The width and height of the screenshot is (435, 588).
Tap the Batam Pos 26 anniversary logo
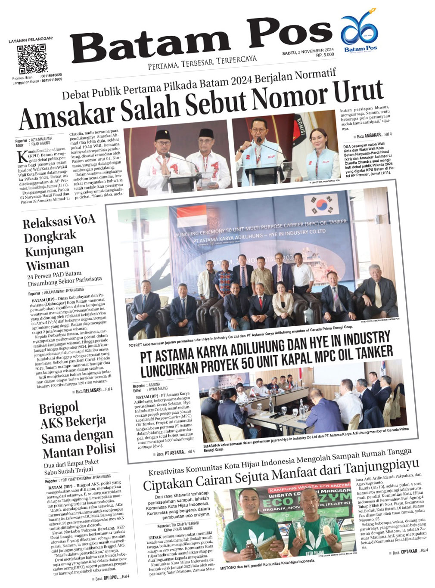click(x=360, y=34)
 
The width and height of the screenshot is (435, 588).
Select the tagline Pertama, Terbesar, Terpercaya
click(x=202, y=62)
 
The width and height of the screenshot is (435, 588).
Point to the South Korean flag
click(x=321, y=205)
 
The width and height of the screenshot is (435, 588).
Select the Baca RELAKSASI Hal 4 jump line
click(x=94, y=390)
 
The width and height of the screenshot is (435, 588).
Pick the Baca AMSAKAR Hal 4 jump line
click(x=374, y=136)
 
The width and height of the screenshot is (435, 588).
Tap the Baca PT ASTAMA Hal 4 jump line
click(x=175, y=453)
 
